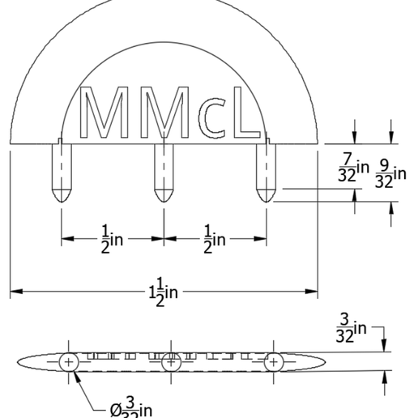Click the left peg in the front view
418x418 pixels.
(62, 170)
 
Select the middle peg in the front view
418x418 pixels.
(164, 170)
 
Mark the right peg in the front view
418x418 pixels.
(267, 170)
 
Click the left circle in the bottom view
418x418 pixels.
(68, 361)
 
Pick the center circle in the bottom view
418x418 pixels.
(170, 361)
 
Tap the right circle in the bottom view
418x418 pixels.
(273, 361)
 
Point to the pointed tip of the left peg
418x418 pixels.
(62, 198)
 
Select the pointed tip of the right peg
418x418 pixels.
(267, 198)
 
